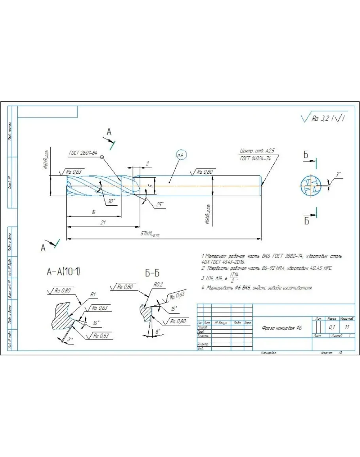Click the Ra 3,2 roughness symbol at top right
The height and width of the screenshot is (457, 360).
coord(324,118)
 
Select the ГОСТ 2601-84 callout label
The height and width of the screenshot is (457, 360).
coord(83,153)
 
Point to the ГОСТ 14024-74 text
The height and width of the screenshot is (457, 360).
coord(255,158)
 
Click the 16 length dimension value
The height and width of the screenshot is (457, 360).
coord(93,212)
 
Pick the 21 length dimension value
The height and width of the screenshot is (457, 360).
coord(103,223)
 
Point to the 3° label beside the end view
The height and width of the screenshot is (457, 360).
coord(337,174)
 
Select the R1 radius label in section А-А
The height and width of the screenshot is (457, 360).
coord(94,294)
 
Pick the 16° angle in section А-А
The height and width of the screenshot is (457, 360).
coord(96,323)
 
